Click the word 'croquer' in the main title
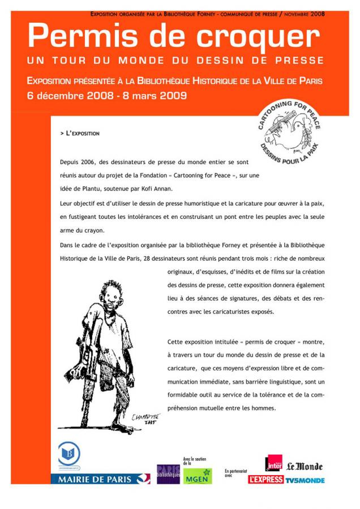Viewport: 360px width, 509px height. pyautogui.click(x=258, y=37)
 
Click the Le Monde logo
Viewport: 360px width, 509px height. pyautogui.click(x=304, y=467)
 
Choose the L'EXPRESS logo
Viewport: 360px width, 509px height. pyautogui.click(x=265, y=480)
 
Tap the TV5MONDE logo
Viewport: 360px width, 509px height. pyautogui.click(x=305, y=480)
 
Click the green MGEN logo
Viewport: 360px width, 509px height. pyautogui.click(x=198, y=476)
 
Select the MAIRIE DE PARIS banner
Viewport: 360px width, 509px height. pyautogui.click(x=100, y=479)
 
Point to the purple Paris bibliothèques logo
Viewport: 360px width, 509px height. pyautogui.click(x=168, y=474)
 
